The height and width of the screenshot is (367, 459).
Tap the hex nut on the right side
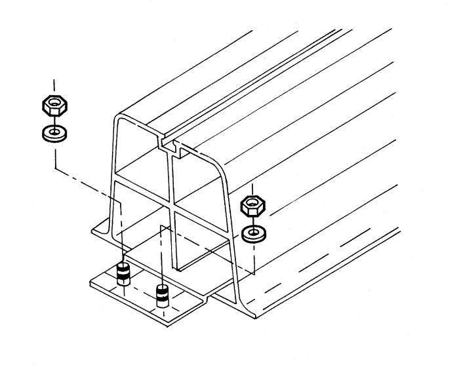pos(252,206)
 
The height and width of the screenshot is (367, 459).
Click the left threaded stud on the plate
pos(122,273)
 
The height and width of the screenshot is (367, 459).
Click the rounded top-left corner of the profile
pos(118,120)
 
